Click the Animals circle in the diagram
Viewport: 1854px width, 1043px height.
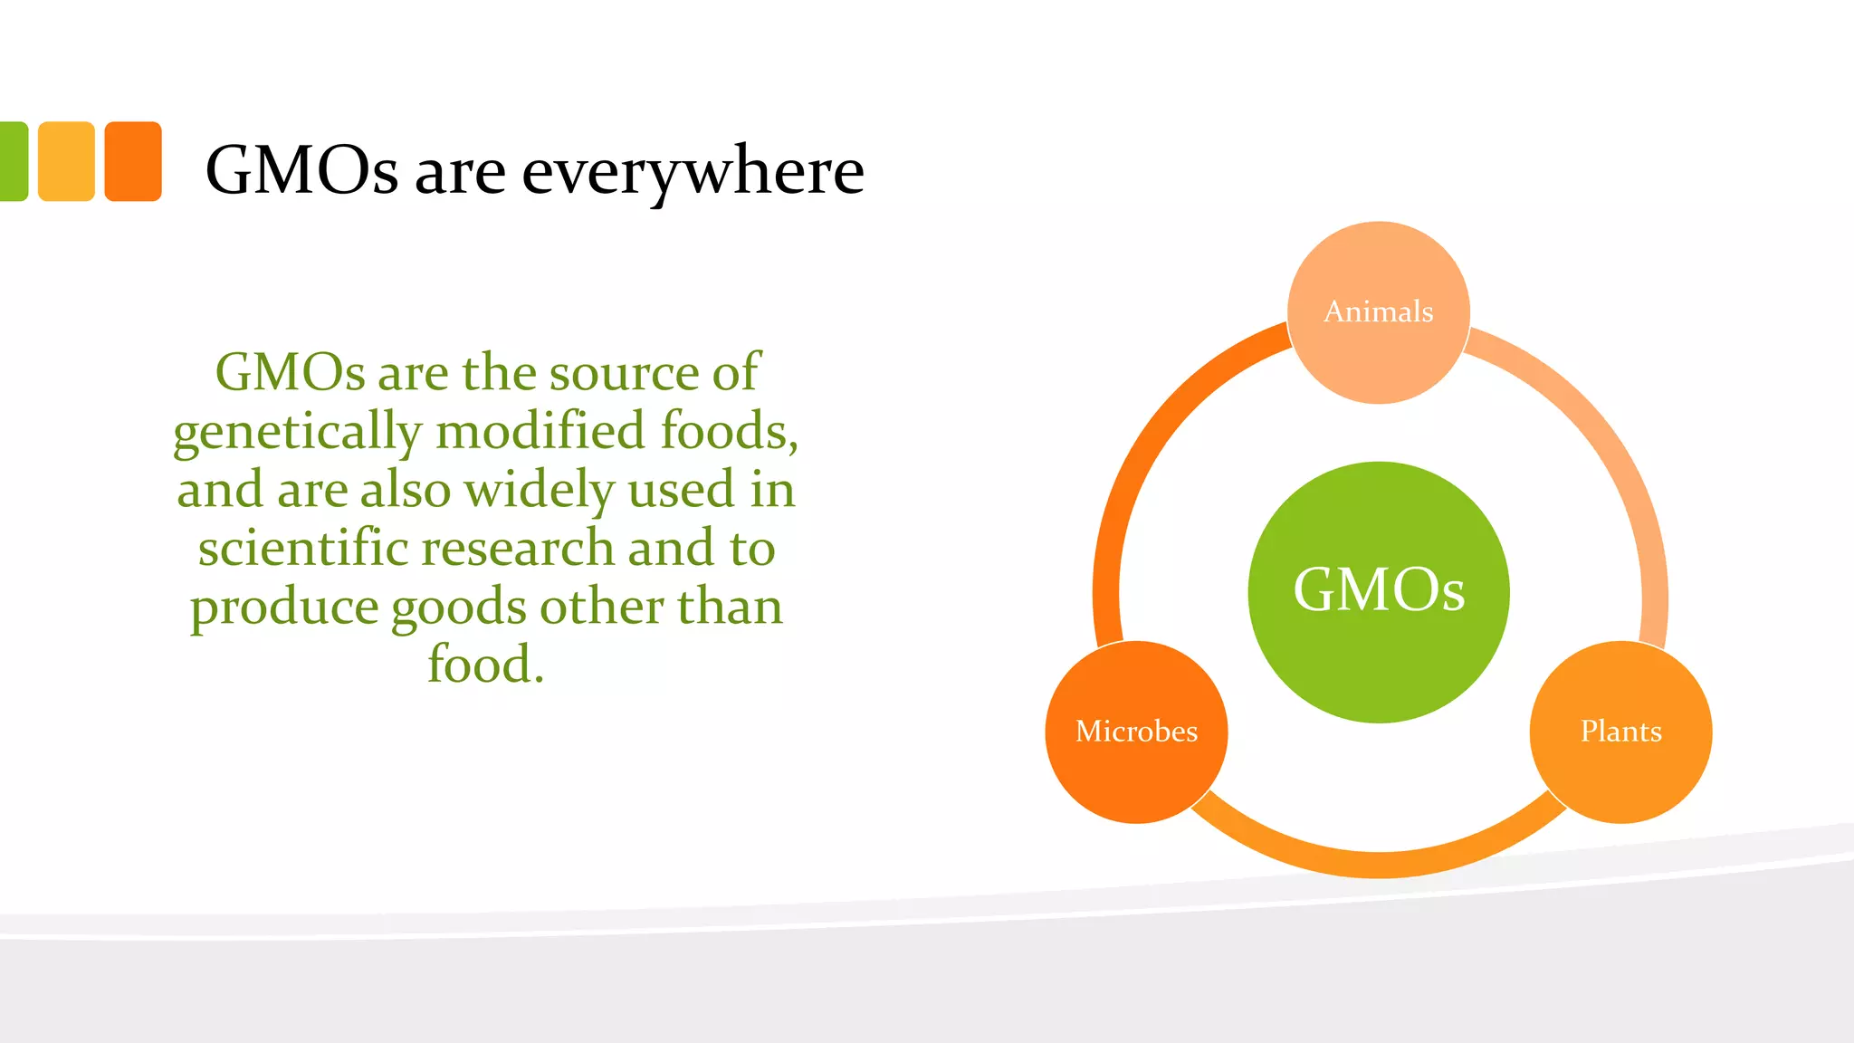[1378, 312]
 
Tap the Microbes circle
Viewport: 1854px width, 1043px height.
[1136, 732]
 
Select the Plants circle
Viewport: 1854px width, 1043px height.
[1620, 732]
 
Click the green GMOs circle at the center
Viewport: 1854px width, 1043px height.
[1378, 592]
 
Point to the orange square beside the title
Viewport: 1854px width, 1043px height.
[133, 161]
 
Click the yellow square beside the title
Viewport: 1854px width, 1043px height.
[66, 161]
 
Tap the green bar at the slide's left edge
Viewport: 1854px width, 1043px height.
[13, 161]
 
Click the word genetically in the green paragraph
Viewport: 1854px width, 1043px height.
[297, 432]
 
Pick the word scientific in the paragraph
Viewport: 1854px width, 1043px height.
[304, 548]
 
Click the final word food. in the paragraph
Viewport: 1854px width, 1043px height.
[485, 665]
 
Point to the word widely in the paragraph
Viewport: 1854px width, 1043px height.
[540, 490]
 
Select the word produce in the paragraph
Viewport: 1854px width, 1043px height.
[283, 607]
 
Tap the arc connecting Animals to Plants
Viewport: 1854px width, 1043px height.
[1620, 471]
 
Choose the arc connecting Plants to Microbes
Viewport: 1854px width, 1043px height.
[1378, 864]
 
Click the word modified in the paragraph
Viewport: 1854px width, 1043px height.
[540, 431]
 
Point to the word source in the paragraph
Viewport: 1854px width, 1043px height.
[624, 372]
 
